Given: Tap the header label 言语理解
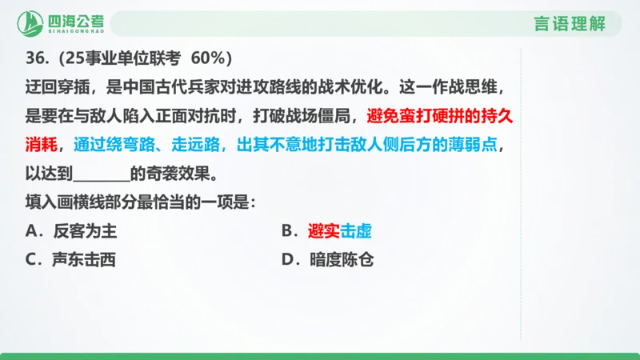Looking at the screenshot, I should pos(569,23).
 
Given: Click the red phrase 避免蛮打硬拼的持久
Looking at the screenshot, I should pos(440,116).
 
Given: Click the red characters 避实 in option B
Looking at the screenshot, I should pos(323,231).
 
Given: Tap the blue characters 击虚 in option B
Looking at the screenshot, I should pos(356,231).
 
